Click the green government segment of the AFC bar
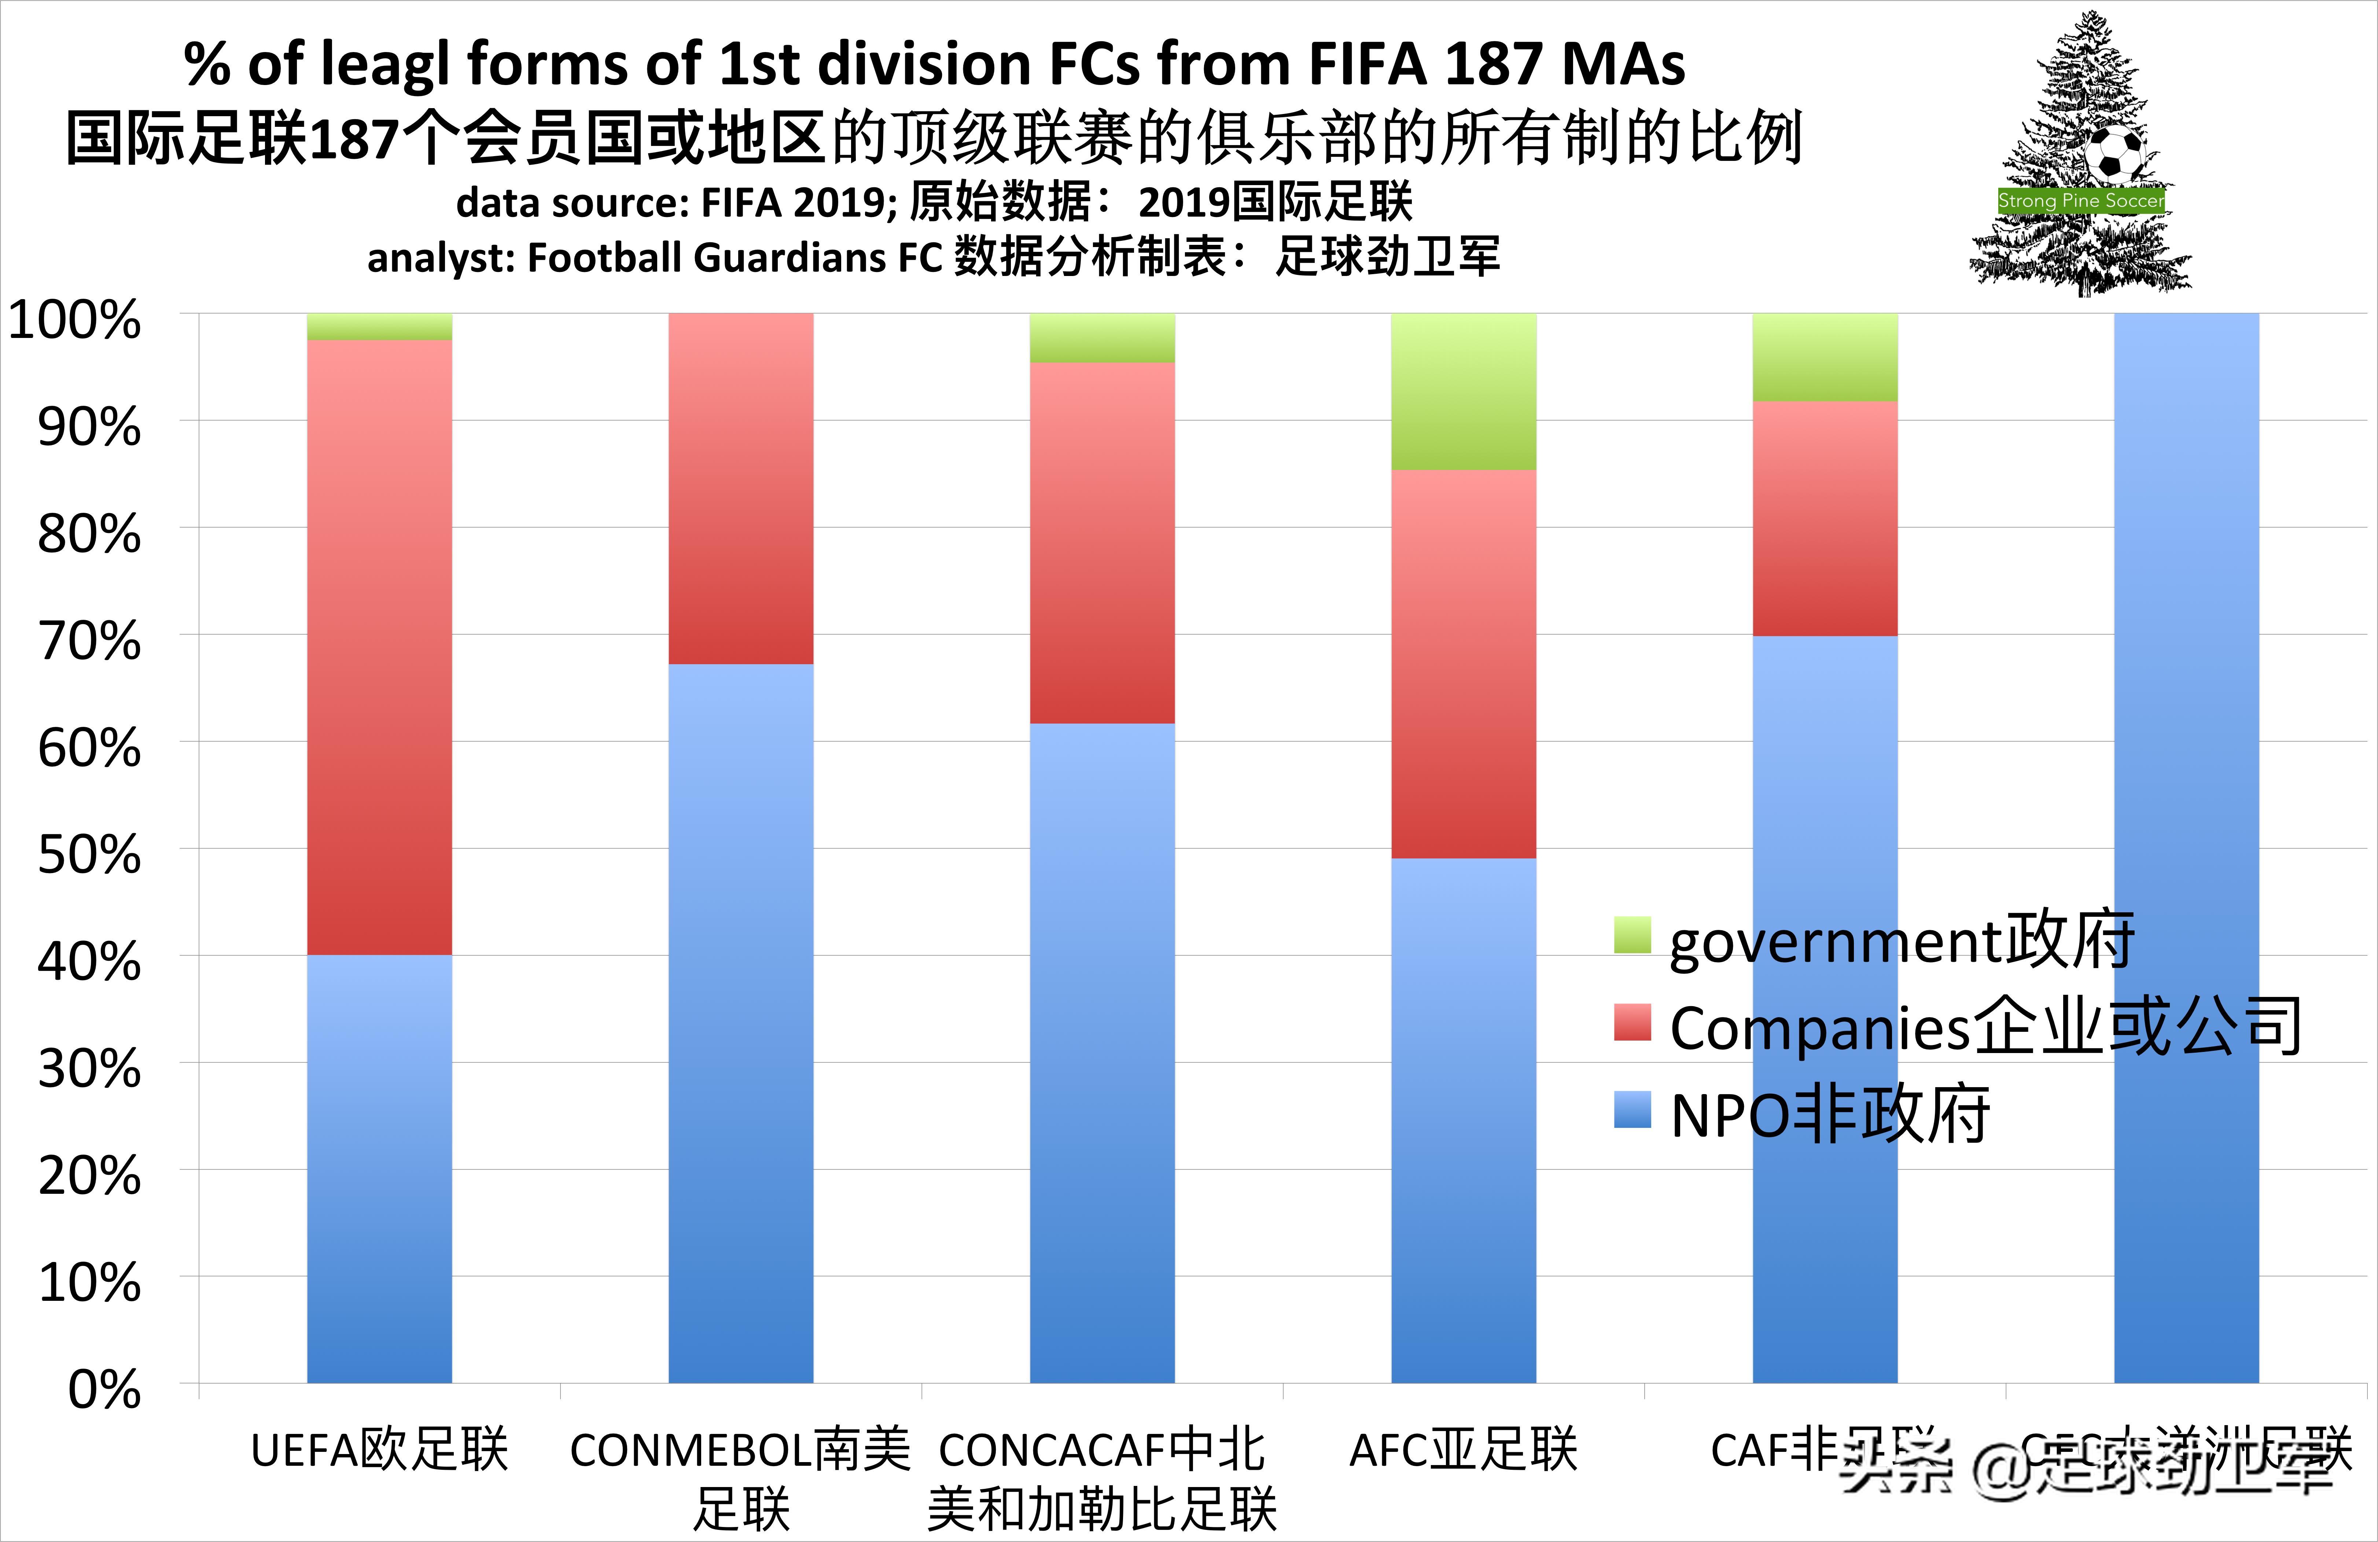point(1464,392)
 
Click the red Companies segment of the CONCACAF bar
point(1102,542)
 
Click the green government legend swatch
point(1632,934)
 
